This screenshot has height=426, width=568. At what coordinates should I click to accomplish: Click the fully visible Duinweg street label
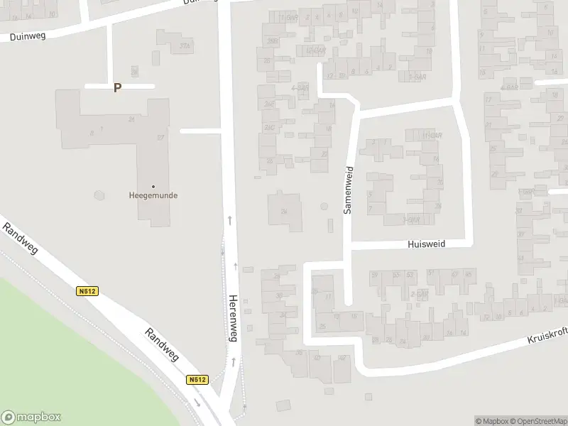[x=28, y=36]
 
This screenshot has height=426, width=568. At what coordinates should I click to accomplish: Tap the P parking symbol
[x=118, y=88]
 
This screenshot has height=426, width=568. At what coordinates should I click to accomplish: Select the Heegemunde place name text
[x=153, y=196]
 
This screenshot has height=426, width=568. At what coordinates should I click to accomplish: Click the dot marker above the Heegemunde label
[x=153, y=187]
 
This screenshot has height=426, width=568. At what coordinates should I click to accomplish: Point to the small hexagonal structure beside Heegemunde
[x=99, y=195]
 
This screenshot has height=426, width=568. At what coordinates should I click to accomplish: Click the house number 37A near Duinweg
[x=185, y=47]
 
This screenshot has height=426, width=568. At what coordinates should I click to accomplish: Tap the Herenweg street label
[x=231, y=318]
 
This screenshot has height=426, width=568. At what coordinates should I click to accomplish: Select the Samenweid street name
[x=349, y=190]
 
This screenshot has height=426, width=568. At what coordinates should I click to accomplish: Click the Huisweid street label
[x=426, y=244]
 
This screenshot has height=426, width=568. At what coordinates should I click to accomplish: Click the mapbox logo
[x=31, y=417]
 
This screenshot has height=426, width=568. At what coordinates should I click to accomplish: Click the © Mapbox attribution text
[x=491, y=421]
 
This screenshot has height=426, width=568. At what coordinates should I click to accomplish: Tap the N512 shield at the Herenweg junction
[x=198, y=380]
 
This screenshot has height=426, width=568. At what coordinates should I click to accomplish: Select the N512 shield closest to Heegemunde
[x=87, y=291]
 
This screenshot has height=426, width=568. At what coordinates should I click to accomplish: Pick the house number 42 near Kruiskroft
[x=342, y=359]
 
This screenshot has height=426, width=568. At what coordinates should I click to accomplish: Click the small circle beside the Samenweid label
[x=324, y=207]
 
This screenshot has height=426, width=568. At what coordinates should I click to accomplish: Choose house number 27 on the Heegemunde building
[x=160, y=138]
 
